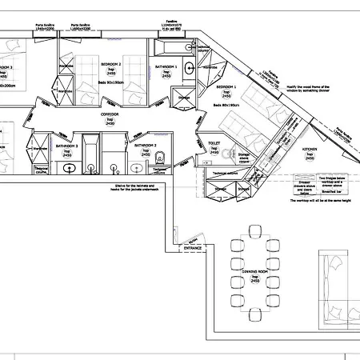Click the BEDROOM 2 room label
(x=110, y=62)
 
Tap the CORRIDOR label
(x=110, y=115)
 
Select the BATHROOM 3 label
(x=66, y=146)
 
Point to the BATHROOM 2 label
(x=145, y=146)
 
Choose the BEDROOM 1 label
(x=228, y=86)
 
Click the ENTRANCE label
(x=193, y=248)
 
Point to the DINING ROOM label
(x=254, y=272)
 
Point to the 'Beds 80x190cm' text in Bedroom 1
(x=226, y=105)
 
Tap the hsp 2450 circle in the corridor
(x=110, y=123)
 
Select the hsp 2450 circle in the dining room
(x=254, y=280)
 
